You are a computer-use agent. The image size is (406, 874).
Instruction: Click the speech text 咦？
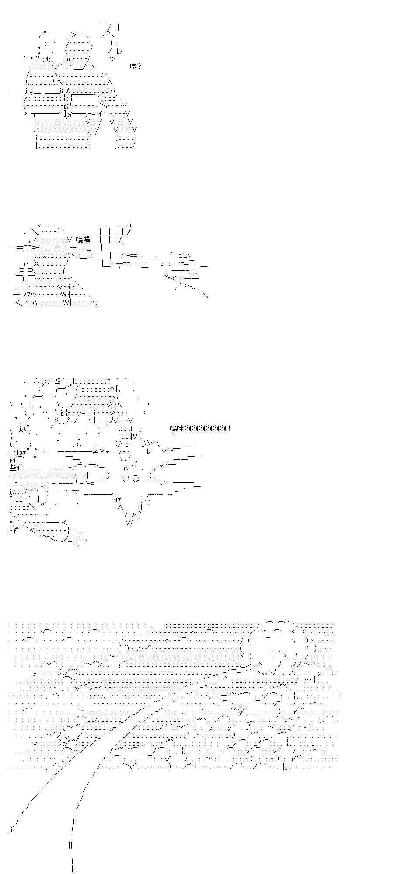click(136, 67)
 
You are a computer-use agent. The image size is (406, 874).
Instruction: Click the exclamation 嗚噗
click(83, 239)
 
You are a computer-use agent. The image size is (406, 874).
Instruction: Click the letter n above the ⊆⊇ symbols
click(26, 264)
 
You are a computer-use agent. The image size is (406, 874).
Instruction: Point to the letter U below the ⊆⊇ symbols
click(25, 279)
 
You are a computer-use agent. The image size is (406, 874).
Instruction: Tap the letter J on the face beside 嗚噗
click(46, 255)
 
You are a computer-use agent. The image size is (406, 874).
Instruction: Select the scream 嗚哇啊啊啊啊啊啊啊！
click(201, 428)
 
